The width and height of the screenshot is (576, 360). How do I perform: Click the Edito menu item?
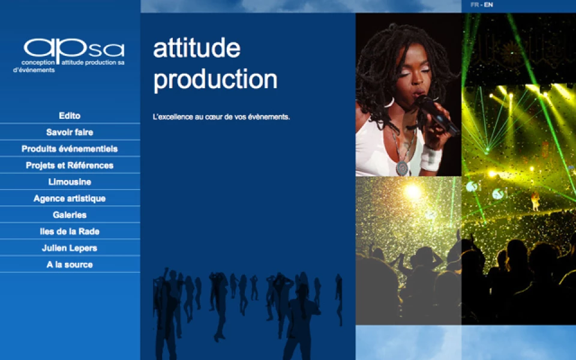click(70, 116)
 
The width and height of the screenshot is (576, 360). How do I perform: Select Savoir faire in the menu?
click(70, 132)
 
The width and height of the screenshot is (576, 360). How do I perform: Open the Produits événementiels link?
click(70, 149)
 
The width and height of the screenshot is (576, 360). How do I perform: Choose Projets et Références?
click(70, 166)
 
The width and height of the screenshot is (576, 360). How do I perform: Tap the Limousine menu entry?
click(70, 182)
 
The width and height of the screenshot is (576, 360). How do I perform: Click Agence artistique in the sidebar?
click(70, 199)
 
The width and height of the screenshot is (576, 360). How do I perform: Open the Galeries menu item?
click(70, 215)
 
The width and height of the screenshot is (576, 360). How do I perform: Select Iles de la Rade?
click(70, 232)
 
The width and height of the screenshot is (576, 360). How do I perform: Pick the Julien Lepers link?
click(70, 248)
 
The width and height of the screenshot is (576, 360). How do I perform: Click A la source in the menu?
click(70, 265)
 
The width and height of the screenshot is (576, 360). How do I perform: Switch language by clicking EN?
click(488, 5)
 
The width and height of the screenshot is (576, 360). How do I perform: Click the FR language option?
click(475, 5)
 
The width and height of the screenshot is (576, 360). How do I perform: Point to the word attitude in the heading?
click(197, 48)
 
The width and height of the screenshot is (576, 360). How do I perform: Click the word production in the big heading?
click(215, 80)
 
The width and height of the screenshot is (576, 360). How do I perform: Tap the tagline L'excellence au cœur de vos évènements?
click(221, 117)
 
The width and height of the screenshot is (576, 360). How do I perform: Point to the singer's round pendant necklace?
click(402, 168)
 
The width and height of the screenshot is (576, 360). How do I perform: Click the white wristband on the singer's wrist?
click(431, 158)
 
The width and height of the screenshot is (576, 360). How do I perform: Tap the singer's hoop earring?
click(389, 103)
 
